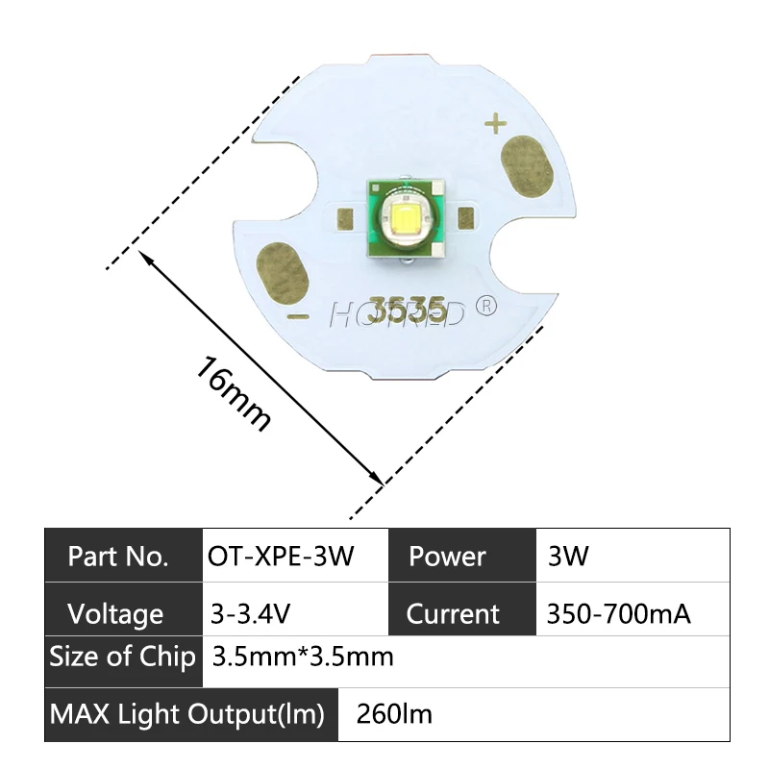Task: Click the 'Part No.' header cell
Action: tap(118, 557)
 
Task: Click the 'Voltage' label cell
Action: tap(116, 613)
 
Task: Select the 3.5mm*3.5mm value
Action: tap(303, 658)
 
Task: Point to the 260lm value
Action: tap(394, 714)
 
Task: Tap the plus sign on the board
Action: tap(496, 124)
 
